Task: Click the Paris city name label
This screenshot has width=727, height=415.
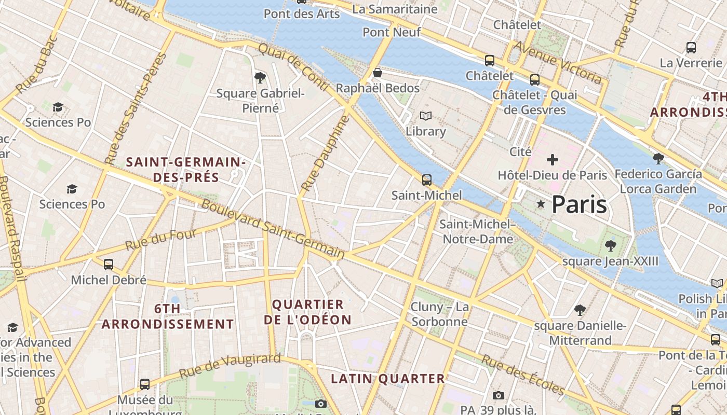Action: (579, 204)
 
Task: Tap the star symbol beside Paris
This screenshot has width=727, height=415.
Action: (541, 204)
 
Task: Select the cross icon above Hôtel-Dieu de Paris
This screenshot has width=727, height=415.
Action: (553, 159)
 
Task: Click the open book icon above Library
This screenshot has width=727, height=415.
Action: (426, 116)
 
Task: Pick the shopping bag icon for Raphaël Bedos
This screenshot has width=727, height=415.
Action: (378, 73)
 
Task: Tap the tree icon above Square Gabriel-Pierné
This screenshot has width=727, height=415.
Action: (260, 78)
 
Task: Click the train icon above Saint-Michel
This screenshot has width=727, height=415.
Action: (427, 180)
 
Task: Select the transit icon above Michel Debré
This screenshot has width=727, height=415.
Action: (109, 265)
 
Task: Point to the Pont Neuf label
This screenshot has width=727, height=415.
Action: (392, 32)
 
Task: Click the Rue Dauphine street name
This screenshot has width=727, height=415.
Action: (324, 154)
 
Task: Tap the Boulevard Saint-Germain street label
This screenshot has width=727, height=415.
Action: (273, 229)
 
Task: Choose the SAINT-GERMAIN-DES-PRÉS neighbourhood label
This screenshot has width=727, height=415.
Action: (186, 170)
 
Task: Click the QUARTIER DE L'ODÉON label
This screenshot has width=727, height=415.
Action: (308, 312)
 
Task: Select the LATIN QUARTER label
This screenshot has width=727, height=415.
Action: (388, 379)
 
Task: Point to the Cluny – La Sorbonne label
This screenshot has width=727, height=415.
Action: (439, 314)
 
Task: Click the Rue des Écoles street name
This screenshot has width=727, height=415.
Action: (522, 375)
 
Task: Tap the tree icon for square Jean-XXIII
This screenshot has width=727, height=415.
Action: (610, 245)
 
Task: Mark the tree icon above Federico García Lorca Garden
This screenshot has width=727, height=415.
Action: (658, 158)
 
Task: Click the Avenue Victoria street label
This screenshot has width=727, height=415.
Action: (558, 62)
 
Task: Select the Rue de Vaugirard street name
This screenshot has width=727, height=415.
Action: (230, 366)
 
